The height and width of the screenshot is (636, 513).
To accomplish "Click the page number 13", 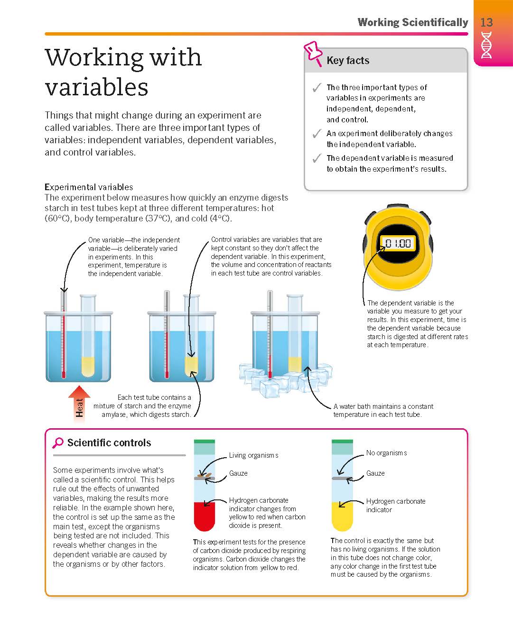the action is click(486, 22).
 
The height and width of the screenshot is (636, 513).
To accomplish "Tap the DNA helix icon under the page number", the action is click(486, 45).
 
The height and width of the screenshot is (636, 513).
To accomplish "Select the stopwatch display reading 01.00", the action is click(398, 243).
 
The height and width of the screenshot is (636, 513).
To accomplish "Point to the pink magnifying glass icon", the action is click(58, 442).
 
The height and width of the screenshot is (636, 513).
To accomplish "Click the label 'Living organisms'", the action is click(254, 455).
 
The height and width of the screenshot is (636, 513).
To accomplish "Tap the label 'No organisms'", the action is click(386, 453).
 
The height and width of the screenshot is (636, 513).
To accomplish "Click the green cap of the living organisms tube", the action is click(205, 442).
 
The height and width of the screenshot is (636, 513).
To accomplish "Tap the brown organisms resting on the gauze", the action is click(205, 476).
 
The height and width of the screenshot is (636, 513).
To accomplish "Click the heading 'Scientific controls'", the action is click(109, 442).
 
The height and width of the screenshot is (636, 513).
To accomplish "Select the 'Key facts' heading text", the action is click(348, 61).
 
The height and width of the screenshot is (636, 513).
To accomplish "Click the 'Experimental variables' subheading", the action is click(89, 187).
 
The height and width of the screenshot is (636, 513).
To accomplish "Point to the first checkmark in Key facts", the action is click(317, 87).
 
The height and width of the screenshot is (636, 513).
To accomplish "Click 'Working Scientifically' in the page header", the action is click(413, 22).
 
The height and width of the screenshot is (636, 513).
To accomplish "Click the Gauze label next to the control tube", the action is click(375, 473).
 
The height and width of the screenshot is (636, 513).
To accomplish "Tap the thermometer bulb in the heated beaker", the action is click(63, 375).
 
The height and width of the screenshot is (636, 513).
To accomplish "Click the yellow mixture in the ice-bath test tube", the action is click(295, 364).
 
